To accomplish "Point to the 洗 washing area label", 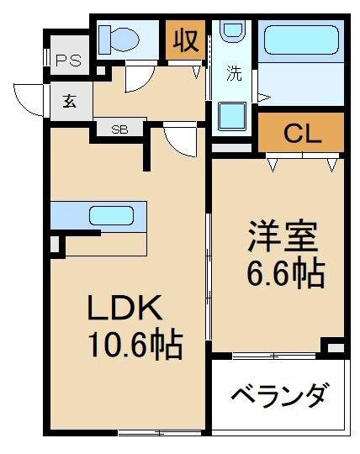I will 235,73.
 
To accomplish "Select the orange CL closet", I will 301,133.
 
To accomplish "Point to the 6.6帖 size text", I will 286,273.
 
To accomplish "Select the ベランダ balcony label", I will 278,394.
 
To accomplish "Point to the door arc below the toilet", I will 137,79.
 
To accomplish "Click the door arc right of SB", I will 179,139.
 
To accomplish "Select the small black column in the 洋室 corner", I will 335,346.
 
